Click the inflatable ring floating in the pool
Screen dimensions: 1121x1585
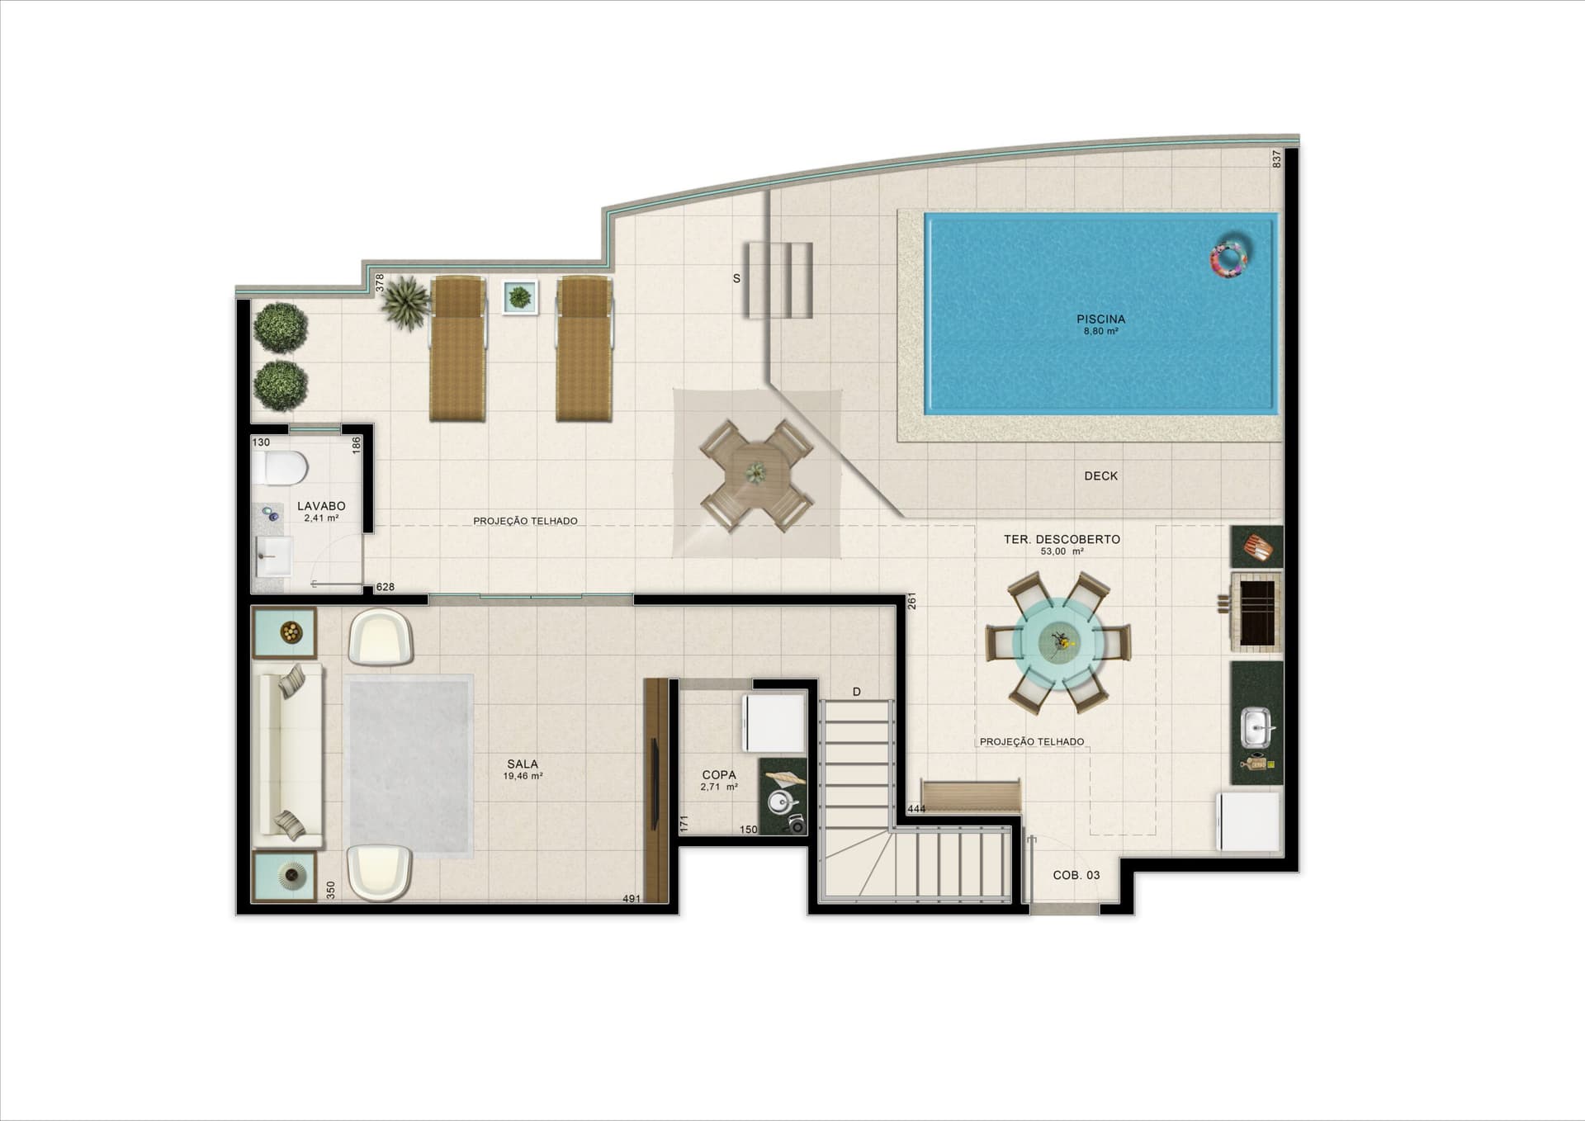tap(1229, 258)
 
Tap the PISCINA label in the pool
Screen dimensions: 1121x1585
tap(1100, 319)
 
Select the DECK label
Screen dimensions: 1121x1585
tap(1100, 476)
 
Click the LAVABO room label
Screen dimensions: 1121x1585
tap(321, 507)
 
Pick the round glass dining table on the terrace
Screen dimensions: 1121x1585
tap(1057, 641)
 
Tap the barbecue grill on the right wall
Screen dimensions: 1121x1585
tap(1256, 612)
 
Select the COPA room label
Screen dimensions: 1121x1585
tap(718, 775)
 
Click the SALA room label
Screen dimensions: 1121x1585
tap(523, 764)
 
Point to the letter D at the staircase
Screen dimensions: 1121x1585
tap(857, 692)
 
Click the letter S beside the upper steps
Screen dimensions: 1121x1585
tap(736, 279)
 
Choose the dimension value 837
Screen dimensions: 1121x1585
tap(1276, 158)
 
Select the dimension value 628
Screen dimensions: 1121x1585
tap(385, 587)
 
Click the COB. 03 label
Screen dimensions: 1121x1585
tap(1076, 875)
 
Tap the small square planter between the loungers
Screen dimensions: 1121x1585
tap(520, 297)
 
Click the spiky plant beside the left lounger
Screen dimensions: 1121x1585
tap(406, 302)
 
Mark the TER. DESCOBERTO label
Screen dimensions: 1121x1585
tap(1062, 539)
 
